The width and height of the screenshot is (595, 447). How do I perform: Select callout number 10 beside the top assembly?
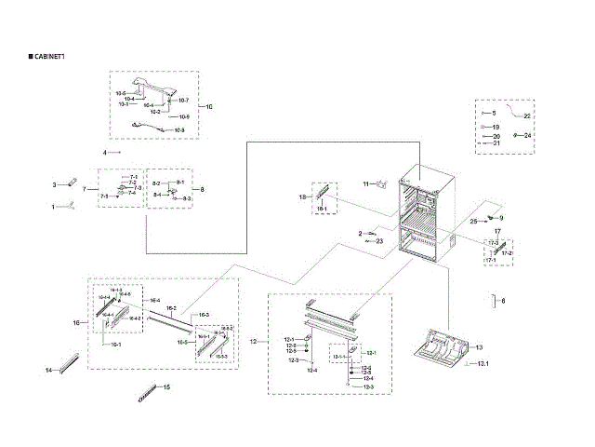[208, 107]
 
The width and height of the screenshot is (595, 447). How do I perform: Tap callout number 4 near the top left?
[105, 151]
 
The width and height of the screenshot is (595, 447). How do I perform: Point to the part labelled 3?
[68, 185]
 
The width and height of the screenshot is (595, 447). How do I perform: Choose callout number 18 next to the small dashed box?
[302, 197]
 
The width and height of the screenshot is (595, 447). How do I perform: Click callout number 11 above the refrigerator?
[366, 183]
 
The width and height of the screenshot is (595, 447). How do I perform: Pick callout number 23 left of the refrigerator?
[379, 240]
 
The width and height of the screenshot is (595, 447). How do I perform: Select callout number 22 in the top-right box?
[526, 115]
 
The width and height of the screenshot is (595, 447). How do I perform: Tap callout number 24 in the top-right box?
[528, 136]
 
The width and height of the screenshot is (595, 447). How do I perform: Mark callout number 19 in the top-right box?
[496, 127]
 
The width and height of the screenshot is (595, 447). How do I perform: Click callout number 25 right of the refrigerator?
[472, 222]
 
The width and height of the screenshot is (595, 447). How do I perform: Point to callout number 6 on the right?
[503, 301]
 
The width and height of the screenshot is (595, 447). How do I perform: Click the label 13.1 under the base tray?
[483, 362]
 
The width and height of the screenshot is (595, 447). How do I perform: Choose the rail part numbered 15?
[147, 390]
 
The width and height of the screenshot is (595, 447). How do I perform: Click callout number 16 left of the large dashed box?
[76, 322]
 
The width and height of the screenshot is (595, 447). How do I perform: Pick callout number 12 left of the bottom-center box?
[253, 342]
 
